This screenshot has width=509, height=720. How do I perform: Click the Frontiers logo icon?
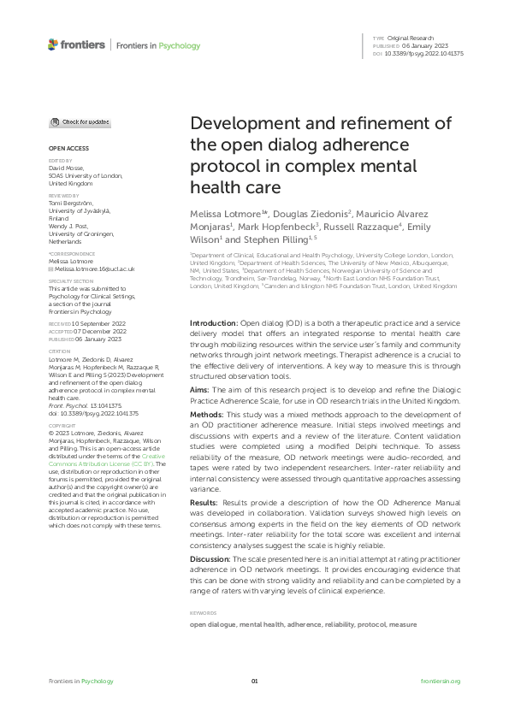coord(53,44)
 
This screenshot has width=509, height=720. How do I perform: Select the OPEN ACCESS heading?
coord(62,148)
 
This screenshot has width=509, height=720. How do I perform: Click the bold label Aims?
coord(201,389)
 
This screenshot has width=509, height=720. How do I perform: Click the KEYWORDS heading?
coord(204,613)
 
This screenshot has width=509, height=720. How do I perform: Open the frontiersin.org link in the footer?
coord(441,681)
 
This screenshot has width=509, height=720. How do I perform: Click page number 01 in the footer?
coord(254,681)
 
